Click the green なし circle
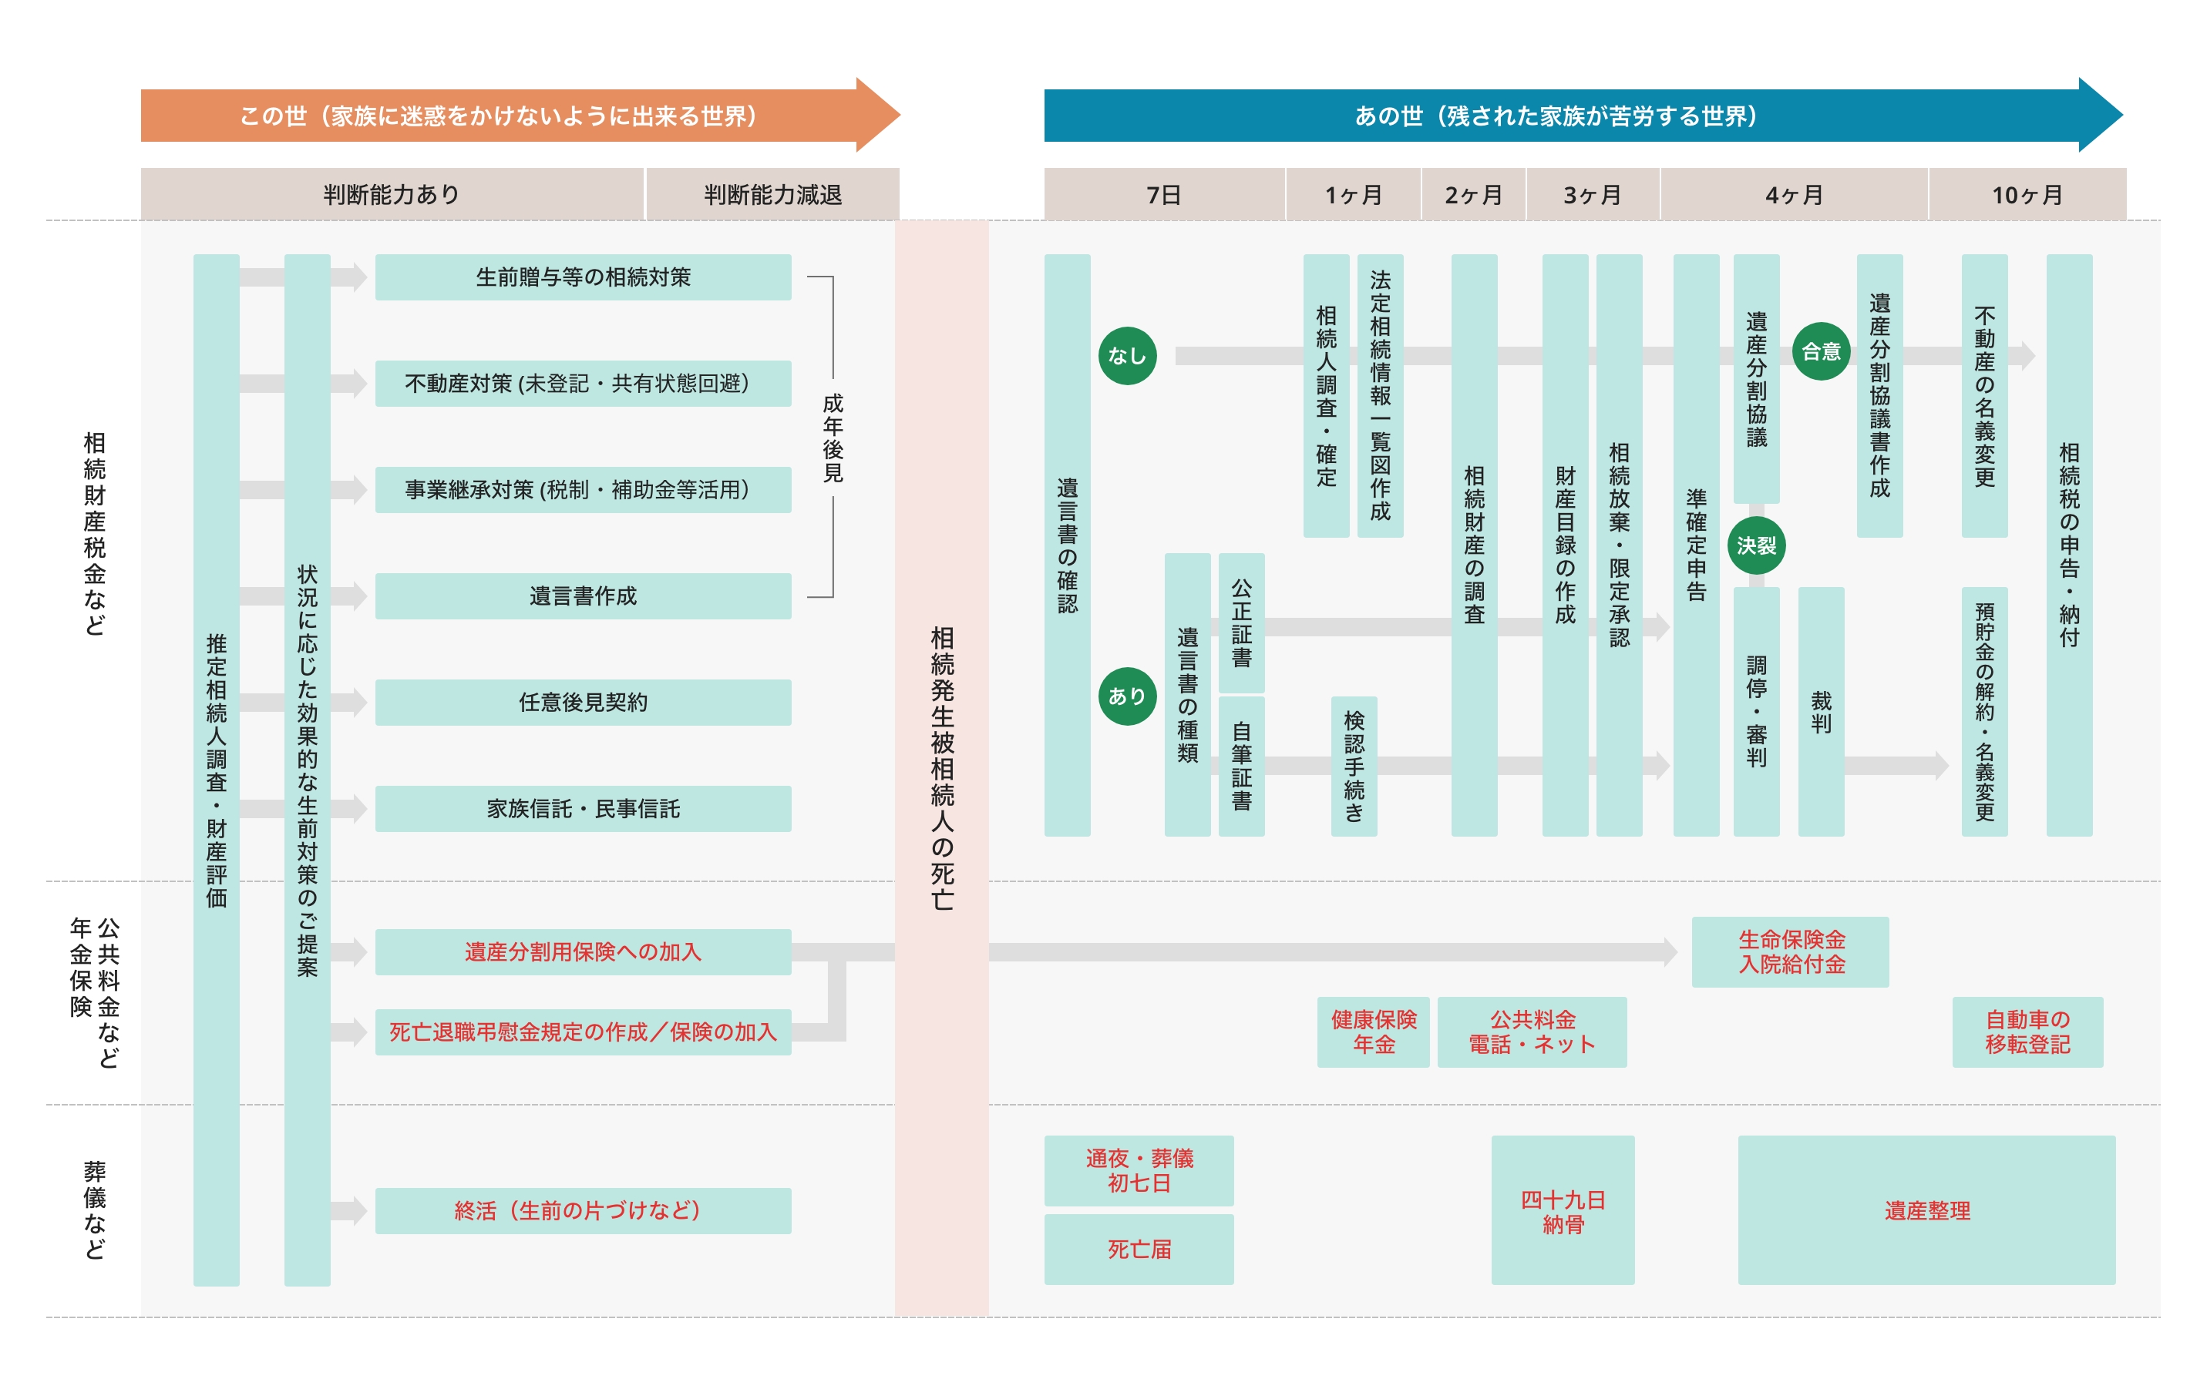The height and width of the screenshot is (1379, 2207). (1127, 356)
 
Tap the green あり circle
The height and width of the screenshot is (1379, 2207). (1127, 696)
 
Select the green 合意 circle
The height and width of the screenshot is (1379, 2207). (1820, 351)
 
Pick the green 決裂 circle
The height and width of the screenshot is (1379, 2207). (1755, 545)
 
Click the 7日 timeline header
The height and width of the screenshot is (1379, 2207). (1163, 194)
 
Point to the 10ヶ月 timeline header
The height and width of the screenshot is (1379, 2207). (2027, 194)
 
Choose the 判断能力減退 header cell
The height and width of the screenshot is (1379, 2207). (772, 194)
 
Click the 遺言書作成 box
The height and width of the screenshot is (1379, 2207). (583, 596)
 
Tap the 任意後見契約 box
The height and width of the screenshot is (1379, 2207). (583, 703)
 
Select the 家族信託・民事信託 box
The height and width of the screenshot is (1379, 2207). (583, 809)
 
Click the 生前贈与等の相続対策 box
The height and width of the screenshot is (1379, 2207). (583, 277)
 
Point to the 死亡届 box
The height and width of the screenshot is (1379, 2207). (1139, 1250)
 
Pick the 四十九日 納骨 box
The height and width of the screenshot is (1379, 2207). (1562, 1211)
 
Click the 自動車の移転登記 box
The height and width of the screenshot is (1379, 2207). (2027, 1032)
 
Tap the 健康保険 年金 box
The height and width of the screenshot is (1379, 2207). (1373, 1032)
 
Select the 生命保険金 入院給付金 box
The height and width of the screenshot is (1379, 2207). (1790, 951)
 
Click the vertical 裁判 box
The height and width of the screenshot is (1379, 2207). (1820, 711)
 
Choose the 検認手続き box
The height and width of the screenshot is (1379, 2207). (1354, 766)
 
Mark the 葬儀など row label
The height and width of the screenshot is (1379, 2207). (95, 1210)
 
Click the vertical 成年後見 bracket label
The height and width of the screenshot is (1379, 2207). (833, 438)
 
